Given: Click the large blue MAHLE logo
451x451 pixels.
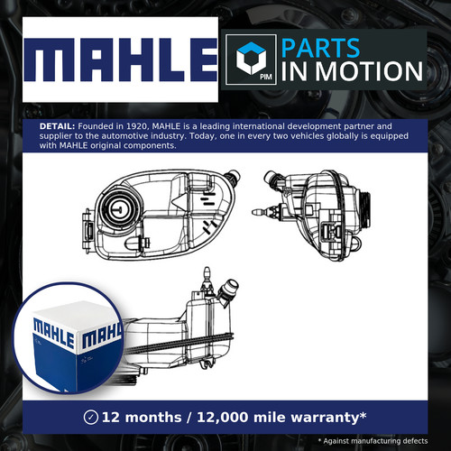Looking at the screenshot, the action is [x=121, y=60].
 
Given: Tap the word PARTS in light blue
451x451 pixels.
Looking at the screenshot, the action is [x=320, y=48].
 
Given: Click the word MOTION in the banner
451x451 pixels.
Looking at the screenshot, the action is [x=369, y=71].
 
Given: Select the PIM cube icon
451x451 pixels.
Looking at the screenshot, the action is [x=251, y=60].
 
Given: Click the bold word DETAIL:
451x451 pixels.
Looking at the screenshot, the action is [x=57, y=126].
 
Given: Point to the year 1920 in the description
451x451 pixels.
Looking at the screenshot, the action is [x=139, y=126].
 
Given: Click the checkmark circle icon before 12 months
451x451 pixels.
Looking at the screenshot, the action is [x=91, y=418].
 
